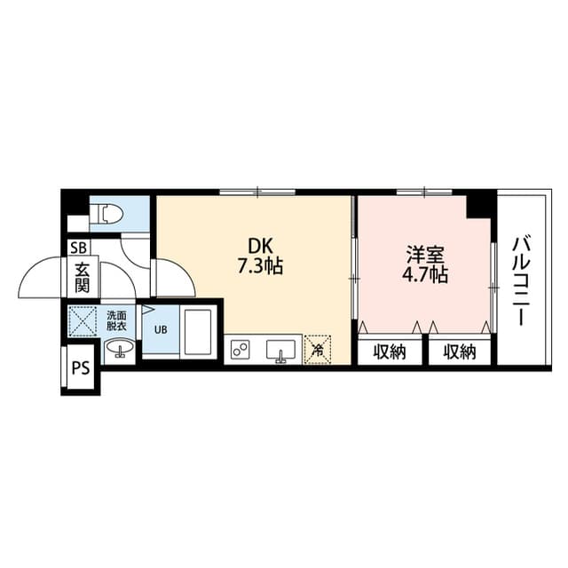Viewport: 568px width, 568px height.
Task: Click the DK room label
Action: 260,247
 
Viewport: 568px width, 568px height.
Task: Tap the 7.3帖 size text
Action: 260,266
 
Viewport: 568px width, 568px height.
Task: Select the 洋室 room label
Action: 425,255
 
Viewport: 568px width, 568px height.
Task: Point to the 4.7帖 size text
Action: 425,275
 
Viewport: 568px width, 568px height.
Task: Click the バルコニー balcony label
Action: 521,280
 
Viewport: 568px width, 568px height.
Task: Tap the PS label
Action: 81,368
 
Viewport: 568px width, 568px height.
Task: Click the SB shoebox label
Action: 79,248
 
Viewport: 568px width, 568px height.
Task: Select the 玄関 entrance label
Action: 83,278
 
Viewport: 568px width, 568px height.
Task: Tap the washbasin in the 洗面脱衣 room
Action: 119,348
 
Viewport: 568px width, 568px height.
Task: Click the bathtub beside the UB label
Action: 198,332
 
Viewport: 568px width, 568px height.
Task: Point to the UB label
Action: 161,330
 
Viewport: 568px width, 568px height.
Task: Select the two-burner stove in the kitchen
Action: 240,350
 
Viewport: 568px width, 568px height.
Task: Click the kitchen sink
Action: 280,350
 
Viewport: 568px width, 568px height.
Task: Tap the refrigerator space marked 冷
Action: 318,350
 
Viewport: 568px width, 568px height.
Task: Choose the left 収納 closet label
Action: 390,351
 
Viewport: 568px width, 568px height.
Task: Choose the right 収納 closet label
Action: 460,351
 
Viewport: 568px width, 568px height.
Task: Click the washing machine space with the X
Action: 83,321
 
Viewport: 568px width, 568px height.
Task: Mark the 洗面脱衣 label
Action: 116,320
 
